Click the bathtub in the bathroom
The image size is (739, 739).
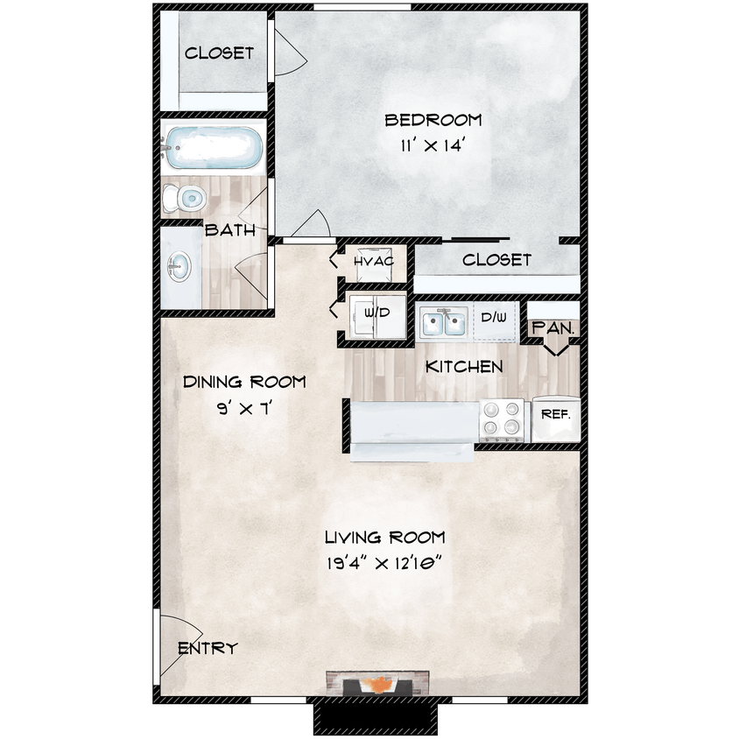pyautogui.click(x=213, y=148)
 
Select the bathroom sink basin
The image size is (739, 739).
pyautogui.click(x=180, y=266)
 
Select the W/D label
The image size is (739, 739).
pyautogui.click(x=377, y=312)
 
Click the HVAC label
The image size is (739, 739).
pyautogui.click(x=374, y=261)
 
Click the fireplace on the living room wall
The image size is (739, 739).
pyautogui.click(x=379, y=683)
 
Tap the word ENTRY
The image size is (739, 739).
pyautogui.click(x=208, y=649)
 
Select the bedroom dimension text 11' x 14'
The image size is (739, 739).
pyautogui.click(x=433, y=146)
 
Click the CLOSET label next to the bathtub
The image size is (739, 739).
pyautogui.click(x=219, y=53)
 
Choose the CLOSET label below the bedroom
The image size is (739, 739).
pyautogui.click(x=496, y=260)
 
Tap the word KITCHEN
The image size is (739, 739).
pyautogui.click(x=464, y=367)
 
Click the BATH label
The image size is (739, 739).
pyautogui.click(x=230, y=231)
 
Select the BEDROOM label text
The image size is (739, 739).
pyautogui.click(x=433, y=120)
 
